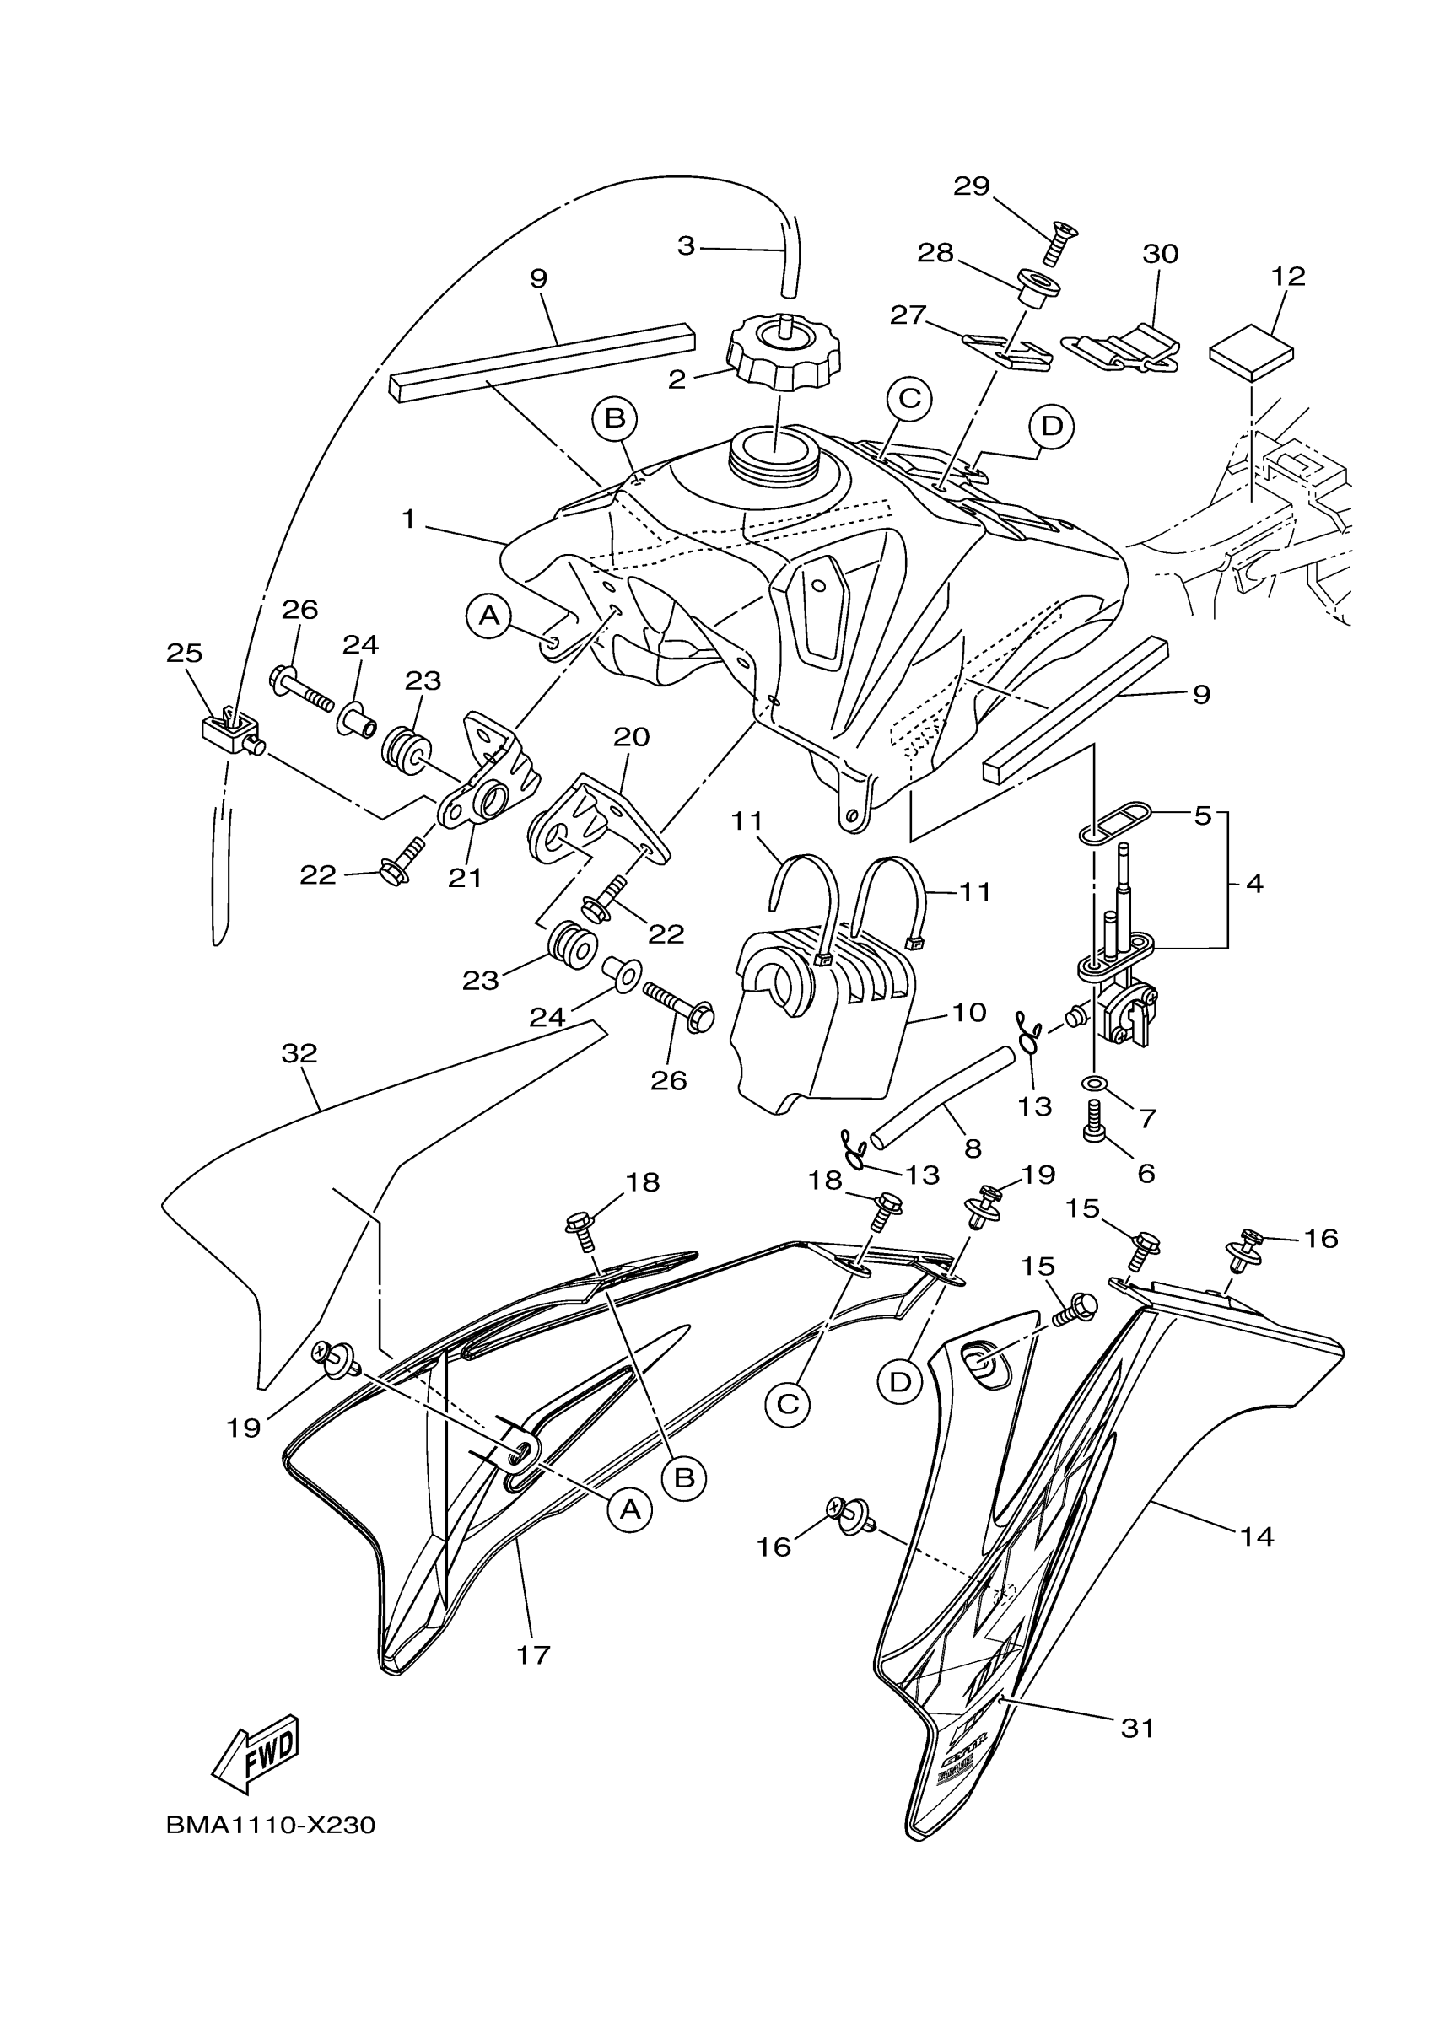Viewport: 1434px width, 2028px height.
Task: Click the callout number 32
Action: point(299,1053)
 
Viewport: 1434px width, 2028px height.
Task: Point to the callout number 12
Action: point(1288,277)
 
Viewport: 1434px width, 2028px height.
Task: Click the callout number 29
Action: point(972,186)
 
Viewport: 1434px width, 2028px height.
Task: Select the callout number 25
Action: point(185,653)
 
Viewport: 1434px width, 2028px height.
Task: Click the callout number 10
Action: point(969,1011)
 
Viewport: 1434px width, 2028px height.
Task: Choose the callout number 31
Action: point(1138,1728)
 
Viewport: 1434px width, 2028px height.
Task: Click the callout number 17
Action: point(534,1654)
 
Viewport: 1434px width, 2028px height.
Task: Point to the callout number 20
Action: point(632,737)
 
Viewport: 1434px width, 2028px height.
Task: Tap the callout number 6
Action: point(1146,1173)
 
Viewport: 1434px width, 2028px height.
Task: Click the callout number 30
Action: point(1161,255)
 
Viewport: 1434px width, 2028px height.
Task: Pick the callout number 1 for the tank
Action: point(408,519)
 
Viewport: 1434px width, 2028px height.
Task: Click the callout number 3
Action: point(687,245)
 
